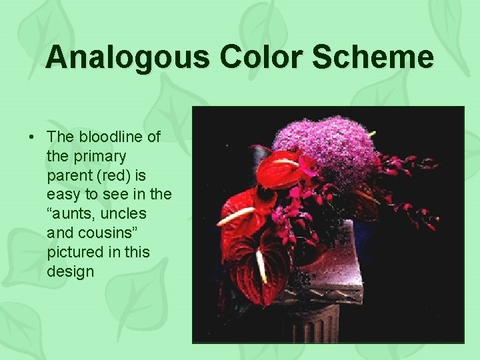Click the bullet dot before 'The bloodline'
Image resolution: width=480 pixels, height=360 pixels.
(32, 137)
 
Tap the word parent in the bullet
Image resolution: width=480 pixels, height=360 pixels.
(69, 175)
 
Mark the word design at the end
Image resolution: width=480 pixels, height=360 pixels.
(71, 272)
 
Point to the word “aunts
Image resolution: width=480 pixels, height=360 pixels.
(73, 214)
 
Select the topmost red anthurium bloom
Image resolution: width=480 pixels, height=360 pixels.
(280, 167)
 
